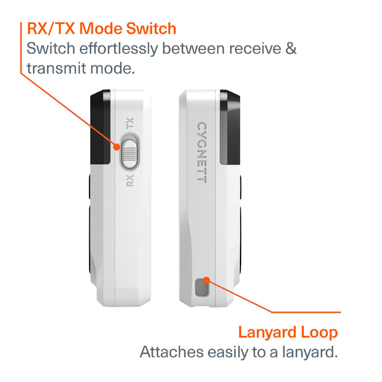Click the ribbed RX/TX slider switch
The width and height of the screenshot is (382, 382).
click(x=130, y=154)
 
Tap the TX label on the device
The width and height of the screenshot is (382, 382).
click(x=130, y=123)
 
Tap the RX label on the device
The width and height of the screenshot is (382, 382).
click(x=130, y=180)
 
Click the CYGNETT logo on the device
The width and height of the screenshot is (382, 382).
click(x=202, y=152)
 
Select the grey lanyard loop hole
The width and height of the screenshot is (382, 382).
click(x=202, y=288)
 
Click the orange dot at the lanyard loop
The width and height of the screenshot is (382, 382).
click(x=207, y=281)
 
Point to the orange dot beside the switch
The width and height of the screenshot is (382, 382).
click(x=117, y=147)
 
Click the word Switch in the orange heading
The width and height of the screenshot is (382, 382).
click(x=151, y=29)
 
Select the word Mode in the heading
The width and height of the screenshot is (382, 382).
click(x=101, y=29)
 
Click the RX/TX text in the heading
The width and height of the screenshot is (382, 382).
click(x=51, y=29)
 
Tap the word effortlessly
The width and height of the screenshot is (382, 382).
click(x=119, y=49)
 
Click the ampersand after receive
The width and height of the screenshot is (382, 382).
click(x=291, y=48)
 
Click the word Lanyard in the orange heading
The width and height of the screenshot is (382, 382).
click(x=267, y=332)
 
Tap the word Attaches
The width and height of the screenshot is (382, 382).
click(x=172, y=352)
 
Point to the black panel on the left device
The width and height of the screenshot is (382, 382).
click(x=100, y=127)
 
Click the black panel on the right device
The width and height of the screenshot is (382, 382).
click(x=230, y=127)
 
